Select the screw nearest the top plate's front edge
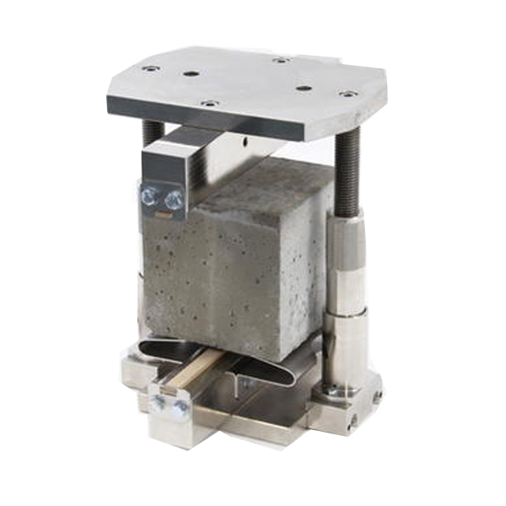coord(209,104)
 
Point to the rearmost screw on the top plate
coord(281,60)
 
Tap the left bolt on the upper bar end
coord(149,196)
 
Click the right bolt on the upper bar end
coord(174,200)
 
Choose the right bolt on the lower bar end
coord(180,410)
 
